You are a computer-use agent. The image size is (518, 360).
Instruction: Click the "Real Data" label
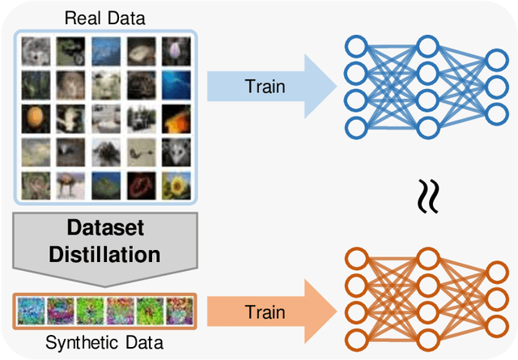pyautogui.click(x=105, y=16)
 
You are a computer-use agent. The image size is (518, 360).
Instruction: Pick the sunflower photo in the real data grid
pyautogui.click(x=175, y=184)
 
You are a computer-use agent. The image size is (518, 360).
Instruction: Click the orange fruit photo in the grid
pyautogui.click(x=35, y=117)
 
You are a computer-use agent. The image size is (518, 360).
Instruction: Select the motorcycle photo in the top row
pyautogui.click(x=70, y=49)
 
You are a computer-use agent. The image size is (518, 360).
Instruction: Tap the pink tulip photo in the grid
pyautogui.click(x=175, y=49)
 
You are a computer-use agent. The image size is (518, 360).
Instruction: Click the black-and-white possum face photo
pyautogui.click(x=175, y=150)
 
